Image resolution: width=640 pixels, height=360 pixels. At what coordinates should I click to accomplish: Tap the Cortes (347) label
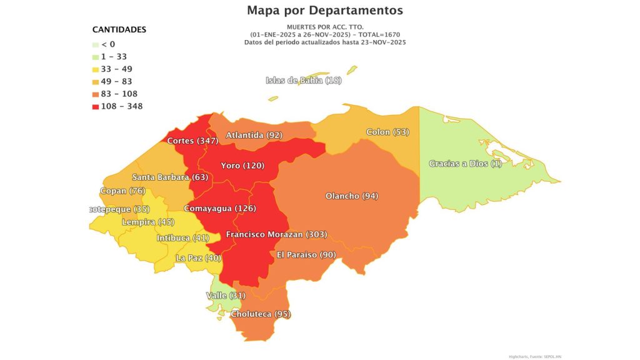click(x=192, y=141)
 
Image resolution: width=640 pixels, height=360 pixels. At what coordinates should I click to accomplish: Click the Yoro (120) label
click(x=243, y=166)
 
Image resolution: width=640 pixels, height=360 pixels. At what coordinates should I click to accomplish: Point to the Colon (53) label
click(x=387, y=132)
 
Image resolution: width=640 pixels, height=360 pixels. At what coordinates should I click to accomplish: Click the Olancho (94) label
click(x=352, y=196)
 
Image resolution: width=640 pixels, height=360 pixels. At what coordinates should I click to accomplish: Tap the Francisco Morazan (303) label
click(x=276, y=234)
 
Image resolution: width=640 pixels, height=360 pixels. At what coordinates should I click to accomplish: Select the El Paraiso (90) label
click(x=306, y=255)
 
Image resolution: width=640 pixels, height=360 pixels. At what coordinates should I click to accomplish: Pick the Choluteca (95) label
click(x=261, y=314)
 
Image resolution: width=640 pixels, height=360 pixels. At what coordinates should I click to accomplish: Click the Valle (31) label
click(x=226, y=295)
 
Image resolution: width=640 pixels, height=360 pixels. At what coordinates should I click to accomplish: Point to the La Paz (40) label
click(x=199, y=258)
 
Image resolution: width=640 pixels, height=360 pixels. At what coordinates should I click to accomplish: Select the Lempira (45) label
click(x=148, y=222)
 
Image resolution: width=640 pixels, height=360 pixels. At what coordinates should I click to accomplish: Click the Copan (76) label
click(x=122, y=191)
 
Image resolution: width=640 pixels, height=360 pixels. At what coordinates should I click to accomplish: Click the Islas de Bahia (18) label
click(x=304, y=80)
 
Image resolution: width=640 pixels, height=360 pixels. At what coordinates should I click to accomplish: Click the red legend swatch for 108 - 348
click(x=95, y=107)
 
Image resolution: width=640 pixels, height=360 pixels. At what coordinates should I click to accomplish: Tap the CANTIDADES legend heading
click(x=119, y=29)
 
